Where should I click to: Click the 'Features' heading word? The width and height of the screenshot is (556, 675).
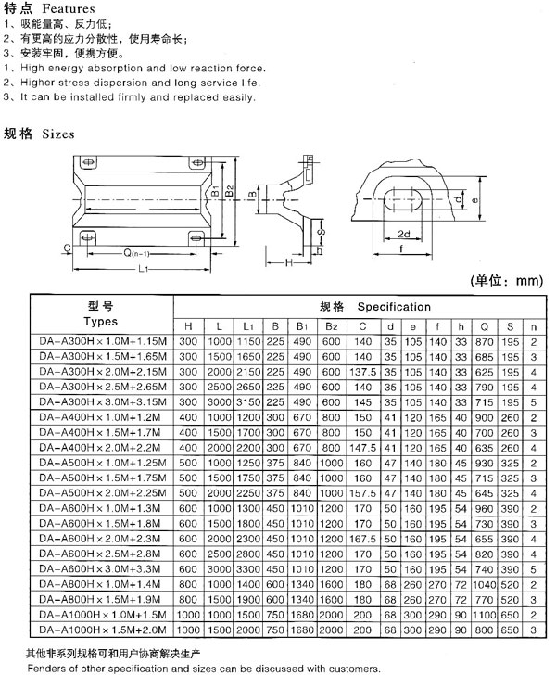(x=69, y=8)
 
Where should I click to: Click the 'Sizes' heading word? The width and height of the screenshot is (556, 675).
(x=58, y=134)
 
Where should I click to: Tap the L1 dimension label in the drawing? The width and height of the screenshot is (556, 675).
(x=144, y=269)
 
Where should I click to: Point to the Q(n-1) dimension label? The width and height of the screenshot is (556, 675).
(x=136, y=253)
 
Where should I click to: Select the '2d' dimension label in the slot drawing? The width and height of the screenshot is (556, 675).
(x=404, y=234)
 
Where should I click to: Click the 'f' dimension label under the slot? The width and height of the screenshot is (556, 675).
(x=401, y=248)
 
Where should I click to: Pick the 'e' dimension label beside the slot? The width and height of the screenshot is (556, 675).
(x=474, y=200)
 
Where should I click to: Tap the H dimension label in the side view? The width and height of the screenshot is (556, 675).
(x=289, y=262)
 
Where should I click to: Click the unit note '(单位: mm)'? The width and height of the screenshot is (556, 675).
(x=507, y=281)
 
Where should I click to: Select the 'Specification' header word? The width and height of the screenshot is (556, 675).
(x=394, y=307)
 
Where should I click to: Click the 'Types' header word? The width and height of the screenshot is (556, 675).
(x=101, y=322)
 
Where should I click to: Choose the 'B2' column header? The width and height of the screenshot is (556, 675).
(x=332, y=326)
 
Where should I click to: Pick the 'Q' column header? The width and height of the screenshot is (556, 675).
(x=484, y=327)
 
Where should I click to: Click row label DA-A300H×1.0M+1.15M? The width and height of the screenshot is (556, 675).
(x=103, y=342)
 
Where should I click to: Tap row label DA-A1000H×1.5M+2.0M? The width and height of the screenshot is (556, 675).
(x=103, y=630)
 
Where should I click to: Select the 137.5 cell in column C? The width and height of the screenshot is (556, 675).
(x=362, y=372)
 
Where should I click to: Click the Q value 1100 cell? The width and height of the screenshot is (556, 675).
(x=484, y=615)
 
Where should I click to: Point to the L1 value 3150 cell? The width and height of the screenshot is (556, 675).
(x=248, y=402)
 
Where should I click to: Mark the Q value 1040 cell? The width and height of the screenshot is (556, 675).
(x=484, y=584)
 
